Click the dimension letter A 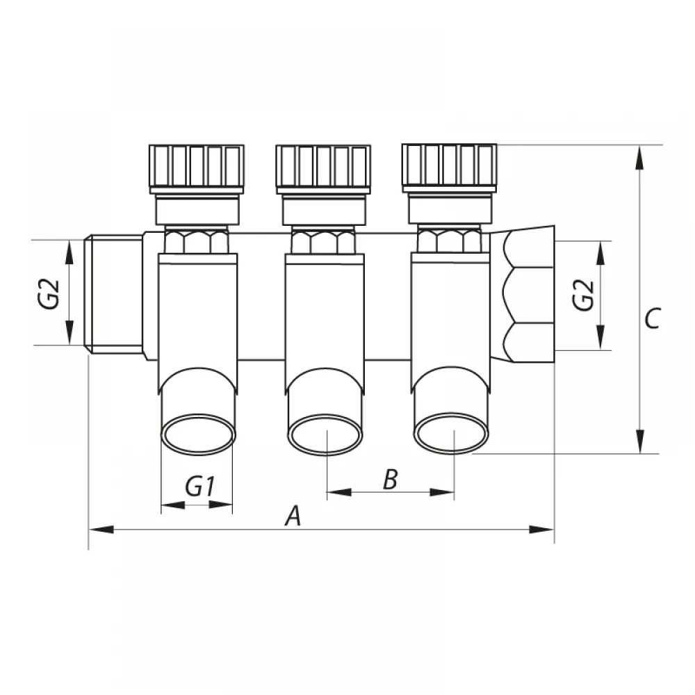(x=293, y=515)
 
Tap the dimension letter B (x=390, y=480)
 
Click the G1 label (x=200, y=486)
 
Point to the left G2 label (x=49, y=293)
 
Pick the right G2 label (x=583, y=295)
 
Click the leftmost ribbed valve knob (x=197, y=168)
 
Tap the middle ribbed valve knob (x=323, y=168)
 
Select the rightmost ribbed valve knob (x=450, y=168)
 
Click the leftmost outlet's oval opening (x=198, y=434)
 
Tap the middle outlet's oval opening (x=325, y=434)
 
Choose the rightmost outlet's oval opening (x=451, y=434)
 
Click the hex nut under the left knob (x=197, y=241)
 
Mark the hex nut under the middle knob (x=323, y=241)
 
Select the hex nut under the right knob (x=450, y=240)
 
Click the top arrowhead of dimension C (x=639, y=158)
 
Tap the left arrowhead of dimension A (x=101, y=529)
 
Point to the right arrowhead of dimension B (x=442, y=492)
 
